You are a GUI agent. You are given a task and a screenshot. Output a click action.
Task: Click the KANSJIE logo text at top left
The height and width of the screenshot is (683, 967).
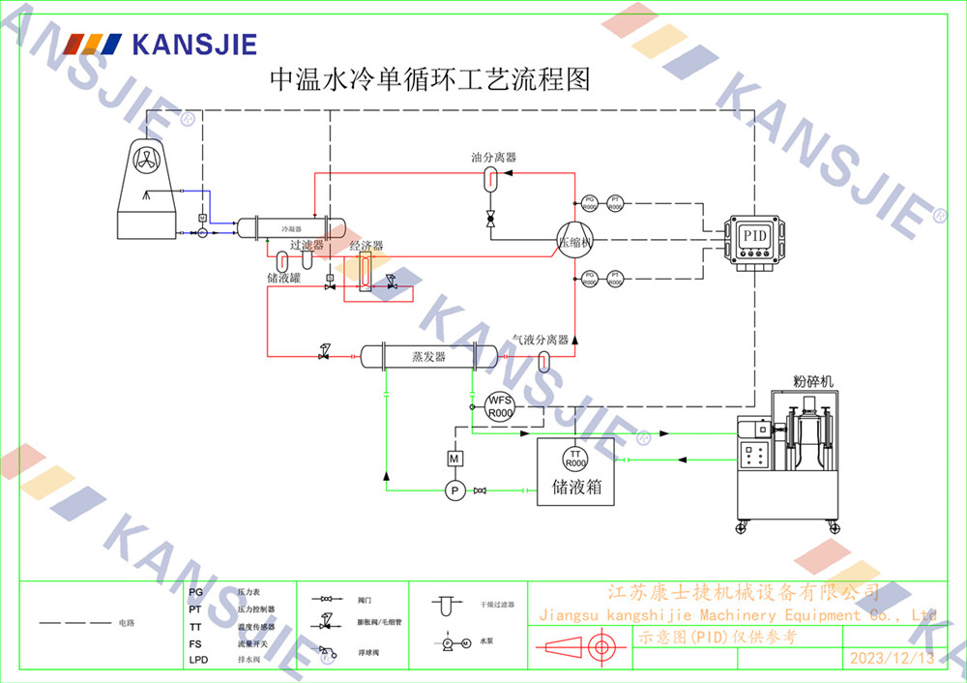tap(194, 44)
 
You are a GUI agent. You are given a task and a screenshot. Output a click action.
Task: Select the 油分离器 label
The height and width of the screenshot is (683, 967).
tap(493, 157)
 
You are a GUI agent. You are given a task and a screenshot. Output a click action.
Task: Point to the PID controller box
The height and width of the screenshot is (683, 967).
tap(753, 235)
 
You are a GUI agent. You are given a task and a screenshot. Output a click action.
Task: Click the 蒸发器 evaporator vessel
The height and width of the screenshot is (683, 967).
tap(428, 356)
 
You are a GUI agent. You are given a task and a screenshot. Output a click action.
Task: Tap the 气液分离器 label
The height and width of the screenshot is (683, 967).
tap(541, 340)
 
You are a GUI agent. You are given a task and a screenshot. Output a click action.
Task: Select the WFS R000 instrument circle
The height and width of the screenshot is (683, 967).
tap(499, 405)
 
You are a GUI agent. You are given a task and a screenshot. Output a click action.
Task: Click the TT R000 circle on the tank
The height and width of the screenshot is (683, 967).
tap(576, 458)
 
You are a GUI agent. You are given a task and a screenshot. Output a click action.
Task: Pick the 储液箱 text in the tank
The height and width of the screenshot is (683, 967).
tap(577, 488)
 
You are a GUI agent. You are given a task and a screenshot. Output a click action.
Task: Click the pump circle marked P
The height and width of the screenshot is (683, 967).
tap(454, 491)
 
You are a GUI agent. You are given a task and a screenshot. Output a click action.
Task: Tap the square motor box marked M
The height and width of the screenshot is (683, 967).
tap(454, 458)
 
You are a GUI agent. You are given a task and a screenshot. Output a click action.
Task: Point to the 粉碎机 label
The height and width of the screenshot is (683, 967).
tap(810, 380)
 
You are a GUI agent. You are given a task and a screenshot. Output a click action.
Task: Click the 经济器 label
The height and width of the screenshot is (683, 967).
tap(366, 246)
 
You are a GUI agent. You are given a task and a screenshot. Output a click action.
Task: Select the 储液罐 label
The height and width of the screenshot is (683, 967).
tap(283, 278)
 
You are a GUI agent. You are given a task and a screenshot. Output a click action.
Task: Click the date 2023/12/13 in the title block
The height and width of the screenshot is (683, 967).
tap(892, 659)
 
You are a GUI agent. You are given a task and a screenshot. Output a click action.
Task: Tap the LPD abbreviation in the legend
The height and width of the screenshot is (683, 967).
tap(198, 660)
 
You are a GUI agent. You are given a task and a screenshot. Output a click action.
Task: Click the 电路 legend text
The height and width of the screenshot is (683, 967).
tap(127, 623)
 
